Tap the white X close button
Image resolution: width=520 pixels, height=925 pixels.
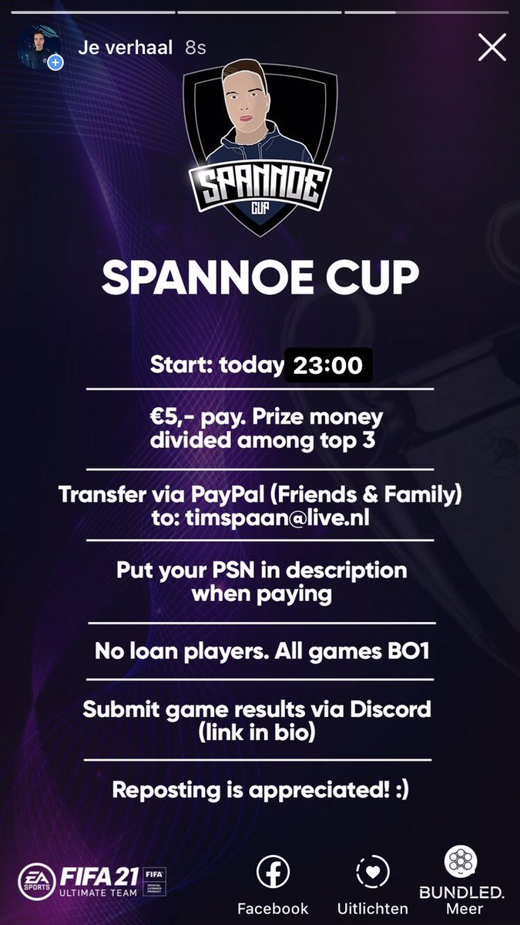pos(491,47)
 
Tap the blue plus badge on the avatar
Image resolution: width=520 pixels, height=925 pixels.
pos(55,63)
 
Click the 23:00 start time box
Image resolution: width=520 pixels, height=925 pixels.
pos(329,365)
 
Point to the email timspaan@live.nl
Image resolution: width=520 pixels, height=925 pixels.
pos(277,518)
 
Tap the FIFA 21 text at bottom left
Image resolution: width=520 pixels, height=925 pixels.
pos(96,876)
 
